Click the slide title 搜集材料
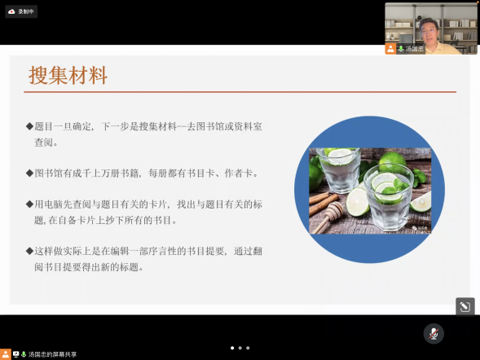click(68, 75)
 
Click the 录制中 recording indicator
click(21, 11)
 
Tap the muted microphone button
click(434, 333)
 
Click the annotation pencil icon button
click(465, 306)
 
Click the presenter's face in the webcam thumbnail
click(429, 31)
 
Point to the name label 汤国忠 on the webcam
click(415, 49)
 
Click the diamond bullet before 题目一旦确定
click(29, 126)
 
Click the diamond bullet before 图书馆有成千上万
click(29, 173)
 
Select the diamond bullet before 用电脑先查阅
click(29, 204)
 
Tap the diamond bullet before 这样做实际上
click(29, 251)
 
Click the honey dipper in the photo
click(327, 218)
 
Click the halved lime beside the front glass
click(357, 202)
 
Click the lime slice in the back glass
click(340, 155)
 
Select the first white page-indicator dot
click(232, 348)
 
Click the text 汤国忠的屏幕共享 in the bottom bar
click(52, 354)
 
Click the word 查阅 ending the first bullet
click(44, 143)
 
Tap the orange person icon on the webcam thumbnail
click(390, 49)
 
